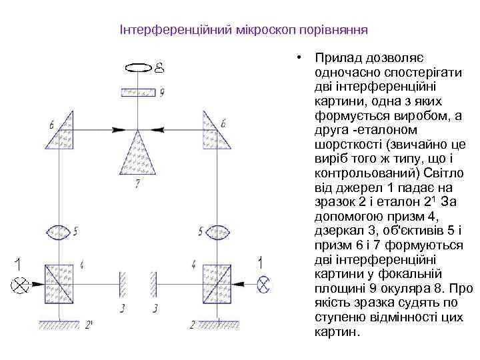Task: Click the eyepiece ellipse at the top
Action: (138, 67)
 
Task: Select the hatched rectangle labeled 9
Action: (138, 91)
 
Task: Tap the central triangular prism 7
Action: (138, 155)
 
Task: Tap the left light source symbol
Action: (21, 284)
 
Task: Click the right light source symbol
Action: (264, 284)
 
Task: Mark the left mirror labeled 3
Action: (122, 283)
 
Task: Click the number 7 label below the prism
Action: (137, 183)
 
